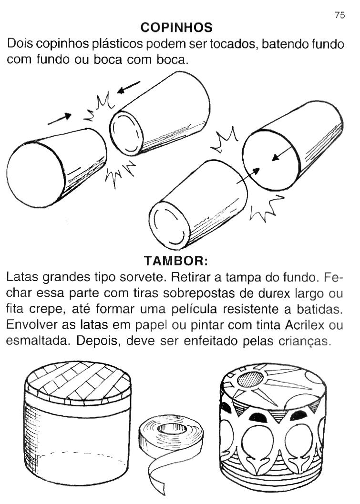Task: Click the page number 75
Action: pyautogui.click(x=339, y=15)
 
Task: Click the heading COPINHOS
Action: pyautogui.click(x=176, y=28)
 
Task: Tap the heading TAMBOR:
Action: pyautogui.click(x=176, y=261)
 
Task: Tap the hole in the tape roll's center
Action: pyautogui.click(x=172, y=428)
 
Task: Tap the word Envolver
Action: pyautogui.click(x=32, y=325)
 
